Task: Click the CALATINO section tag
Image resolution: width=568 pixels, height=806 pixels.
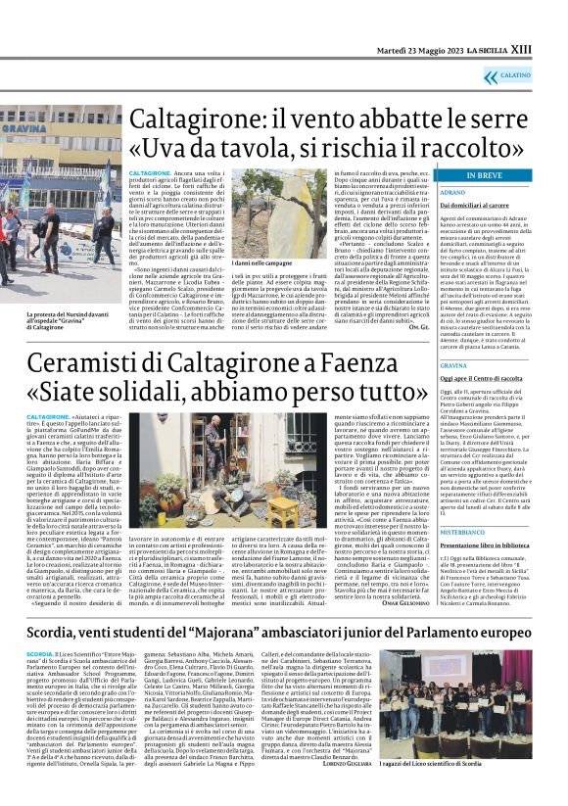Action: [x=540, y=74]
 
